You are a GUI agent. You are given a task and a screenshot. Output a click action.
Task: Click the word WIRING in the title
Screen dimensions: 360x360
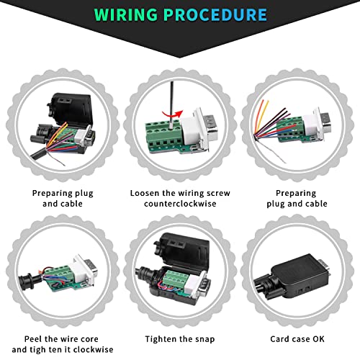[126, 14]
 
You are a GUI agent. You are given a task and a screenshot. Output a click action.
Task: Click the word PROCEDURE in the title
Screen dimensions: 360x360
[215, 14]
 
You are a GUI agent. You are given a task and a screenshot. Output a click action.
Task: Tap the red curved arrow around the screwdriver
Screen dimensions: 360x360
[172, 114]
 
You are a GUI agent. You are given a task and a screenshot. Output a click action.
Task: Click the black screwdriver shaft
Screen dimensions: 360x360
[172, 101]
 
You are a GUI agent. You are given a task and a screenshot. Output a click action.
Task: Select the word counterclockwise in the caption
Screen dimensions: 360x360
[180, 204]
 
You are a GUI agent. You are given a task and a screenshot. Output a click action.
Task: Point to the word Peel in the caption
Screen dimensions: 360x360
[33, 339]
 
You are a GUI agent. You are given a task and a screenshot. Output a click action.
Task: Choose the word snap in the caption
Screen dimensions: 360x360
[204, 340]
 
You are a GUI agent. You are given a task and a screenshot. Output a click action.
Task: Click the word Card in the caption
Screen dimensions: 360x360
[279, 339]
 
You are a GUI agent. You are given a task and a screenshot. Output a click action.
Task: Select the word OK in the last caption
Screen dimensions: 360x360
[318, 339]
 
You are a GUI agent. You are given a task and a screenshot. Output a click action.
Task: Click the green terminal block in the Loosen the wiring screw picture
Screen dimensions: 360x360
[166, 135]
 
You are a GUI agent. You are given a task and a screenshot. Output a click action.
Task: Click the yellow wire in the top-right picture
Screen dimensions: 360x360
[261, 117]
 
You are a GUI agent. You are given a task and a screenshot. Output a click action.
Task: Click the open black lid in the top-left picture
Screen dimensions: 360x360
[70, 109]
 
